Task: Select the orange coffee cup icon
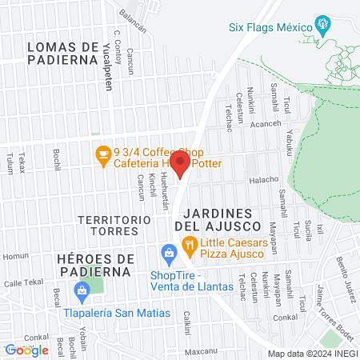102,154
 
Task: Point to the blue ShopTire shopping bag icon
168,255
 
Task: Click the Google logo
26,350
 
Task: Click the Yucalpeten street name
103,56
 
